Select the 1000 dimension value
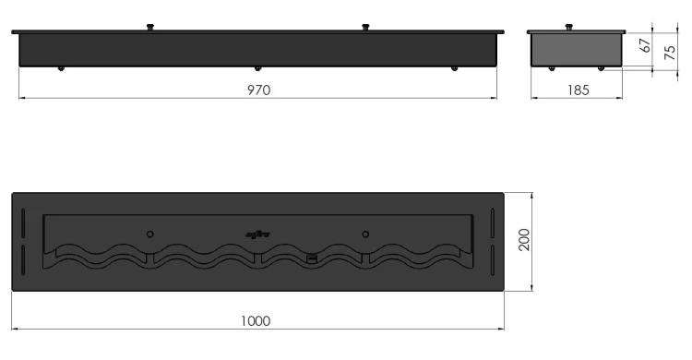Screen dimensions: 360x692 click(x=256, y=320)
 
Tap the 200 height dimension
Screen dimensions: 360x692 click(x=522, y=242)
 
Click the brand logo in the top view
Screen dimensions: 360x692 click(x=256, y=234)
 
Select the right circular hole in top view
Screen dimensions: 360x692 click(x=365, y=234)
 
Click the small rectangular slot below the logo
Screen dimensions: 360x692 click(x=311, y=258)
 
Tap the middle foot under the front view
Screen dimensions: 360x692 click(x=257, y=69)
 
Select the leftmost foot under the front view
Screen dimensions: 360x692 click(x=61, y=69)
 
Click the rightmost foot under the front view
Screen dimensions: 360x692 click(x=453, y=69)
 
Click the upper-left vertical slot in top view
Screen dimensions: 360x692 click(x=22, y=222)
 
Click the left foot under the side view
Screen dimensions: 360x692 click(x=551, y=68)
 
